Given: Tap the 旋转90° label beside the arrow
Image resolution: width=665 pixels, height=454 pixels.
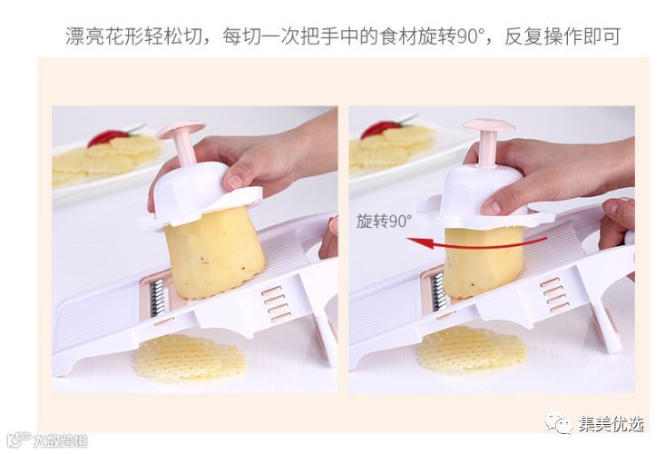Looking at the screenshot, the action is pos(384,221).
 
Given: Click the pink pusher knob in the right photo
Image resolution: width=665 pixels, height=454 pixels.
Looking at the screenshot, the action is pos(488,139).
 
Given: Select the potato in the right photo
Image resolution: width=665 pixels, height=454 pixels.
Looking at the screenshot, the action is pos(483,262).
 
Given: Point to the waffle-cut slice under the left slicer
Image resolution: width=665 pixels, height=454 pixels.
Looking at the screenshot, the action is pos(190,357).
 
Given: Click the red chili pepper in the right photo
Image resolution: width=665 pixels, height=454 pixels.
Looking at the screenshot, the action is pos(381,128).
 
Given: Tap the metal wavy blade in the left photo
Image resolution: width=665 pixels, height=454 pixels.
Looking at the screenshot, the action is pos(157,298).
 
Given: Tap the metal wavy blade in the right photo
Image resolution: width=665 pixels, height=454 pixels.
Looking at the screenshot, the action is pos(438,291).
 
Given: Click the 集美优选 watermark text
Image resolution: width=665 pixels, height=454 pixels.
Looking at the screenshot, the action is pos(611,424).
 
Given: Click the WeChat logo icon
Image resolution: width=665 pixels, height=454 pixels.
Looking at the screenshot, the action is pos(560,423).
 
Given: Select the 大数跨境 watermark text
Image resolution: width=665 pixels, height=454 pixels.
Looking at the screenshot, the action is pos(60,441).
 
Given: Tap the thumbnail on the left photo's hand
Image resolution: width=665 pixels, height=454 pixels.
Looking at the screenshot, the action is pos(235,182).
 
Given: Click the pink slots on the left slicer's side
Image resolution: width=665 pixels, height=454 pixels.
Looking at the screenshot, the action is pos(276,304).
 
